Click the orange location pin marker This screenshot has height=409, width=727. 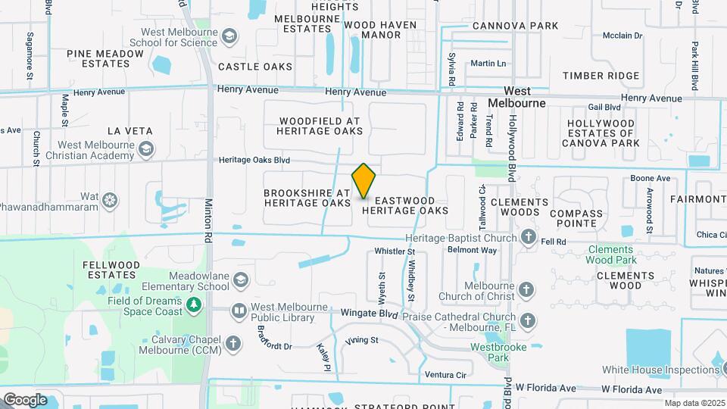pyautogui.click(x=363, y=181)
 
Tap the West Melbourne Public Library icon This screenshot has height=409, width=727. pyautogui.click(x=240, y=310)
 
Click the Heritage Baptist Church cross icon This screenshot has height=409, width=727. pyautogui.click(x=528, y=239)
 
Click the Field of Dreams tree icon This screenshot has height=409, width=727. pyautogui.click(x=195, y=304)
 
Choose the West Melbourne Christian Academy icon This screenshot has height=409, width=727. pyautogui.click(x=147, y=150)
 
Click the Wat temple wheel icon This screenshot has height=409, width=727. pyautogui.click(x=111, y=200)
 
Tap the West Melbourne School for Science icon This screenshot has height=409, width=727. pyautogui.click(x=229, y=36)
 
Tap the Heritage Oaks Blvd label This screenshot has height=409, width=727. pyautogui.click(x=254, y=161)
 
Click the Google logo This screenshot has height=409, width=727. pyautogui.click(x=24, y=399)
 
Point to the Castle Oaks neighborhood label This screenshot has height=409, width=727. pyautogui.click(x=255, y=67)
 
